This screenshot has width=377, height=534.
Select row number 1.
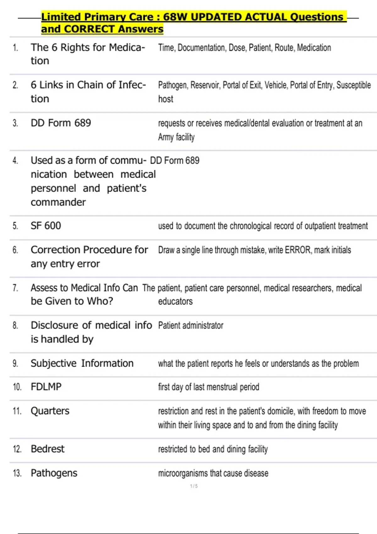pos(15,48)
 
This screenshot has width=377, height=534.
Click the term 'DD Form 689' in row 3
pos(61,123)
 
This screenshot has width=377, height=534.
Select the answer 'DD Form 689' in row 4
pos(175,161)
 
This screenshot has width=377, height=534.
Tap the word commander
pos(58,202)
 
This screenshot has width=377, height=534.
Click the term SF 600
pos(46,226)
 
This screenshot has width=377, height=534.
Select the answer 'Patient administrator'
pos(191,325)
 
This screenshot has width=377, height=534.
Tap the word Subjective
pos(53,363)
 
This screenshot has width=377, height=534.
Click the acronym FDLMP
pos(46,387)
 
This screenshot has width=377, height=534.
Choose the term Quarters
pos(50,411)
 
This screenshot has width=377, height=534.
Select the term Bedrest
pos(47,449)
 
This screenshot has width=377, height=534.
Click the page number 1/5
pos(194,486)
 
